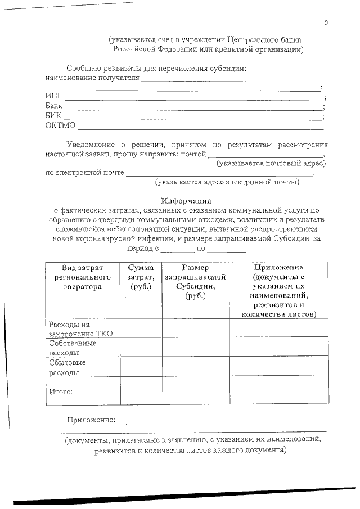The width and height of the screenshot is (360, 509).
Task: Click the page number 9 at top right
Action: tap(326, 22)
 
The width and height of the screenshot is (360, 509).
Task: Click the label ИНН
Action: tap(54, 97)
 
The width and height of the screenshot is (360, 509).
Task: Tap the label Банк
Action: tap(54, 106)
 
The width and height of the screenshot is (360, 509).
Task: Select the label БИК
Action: tap(53, 115)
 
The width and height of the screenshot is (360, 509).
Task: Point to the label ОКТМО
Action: tap(60, 125)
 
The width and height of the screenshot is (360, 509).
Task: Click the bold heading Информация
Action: tap(186, 201)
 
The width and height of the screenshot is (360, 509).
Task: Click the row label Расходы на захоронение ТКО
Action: tap(80, 329)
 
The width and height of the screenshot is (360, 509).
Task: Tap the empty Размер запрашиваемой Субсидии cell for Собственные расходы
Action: tap(196, 347)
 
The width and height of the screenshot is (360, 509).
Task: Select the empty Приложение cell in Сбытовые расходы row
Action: tap(278, 367)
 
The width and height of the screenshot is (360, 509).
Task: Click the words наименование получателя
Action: tap(92, 78)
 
